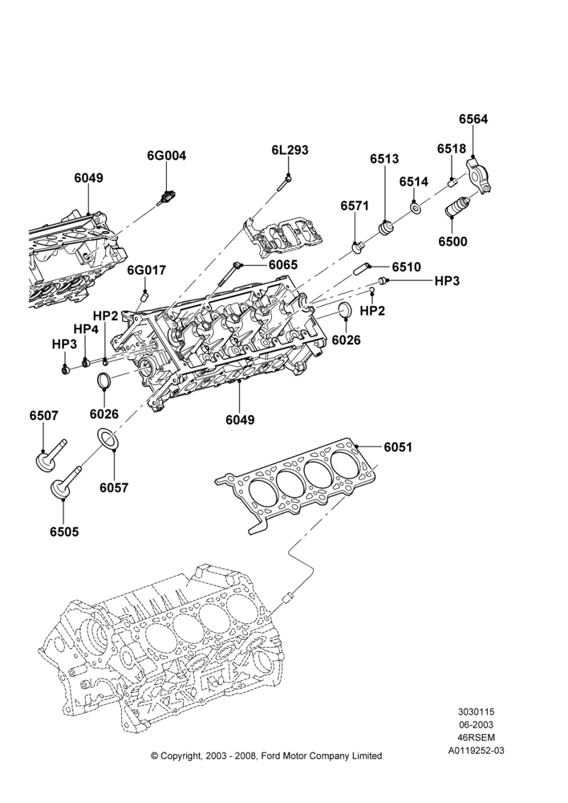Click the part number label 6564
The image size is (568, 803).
[x=473, y=119]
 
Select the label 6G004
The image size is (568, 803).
[x=167, y=156]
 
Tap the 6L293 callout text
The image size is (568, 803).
[x=290, y=150]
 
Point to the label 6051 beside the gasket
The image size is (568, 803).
[x=398, y=447]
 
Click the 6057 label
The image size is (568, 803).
[x=114, y=487]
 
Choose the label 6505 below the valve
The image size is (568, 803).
[x=64, y=532]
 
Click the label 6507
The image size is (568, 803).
[x=43, y=416]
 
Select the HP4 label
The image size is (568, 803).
[x=86, y=328]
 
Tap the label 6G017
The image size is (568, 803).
[x=147, y=269]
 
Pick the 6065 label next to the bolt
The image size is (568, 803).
[x=283, y=265]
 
